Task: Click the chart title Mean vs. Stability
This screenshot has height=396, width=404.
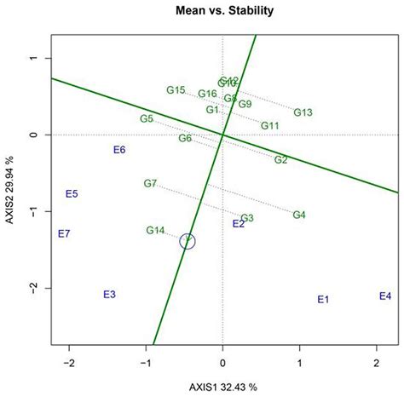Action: [222, 12]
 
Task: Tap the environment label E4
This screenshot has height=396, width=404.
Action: [385, 296]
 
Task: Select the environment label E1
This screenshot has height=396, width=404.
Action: [323, 300]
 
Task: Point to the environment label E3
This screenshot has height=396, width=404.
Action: [109, 295]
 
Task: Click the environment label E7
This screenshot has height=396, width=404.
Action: [64, 233]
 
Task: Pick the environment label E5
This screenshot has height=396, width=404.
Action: [72, 194]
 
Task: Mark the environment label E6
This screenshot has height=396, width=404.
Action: [119, 150]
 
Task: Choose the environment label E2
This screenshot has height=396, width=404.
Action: [239, 224]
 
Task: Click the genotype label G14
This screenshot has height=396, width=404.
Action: [155, 230]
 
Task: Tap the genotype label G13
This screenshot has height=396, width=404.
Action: [303, 112]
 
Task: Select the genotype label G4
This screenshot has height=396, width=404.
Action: [299, 215]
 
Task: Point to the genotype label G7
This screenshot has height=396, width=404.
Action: [150, 183]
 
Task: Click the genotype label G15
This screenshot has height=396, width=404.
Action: [176, 90]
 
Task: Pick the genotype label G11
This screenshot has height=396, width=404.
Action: [270, 126]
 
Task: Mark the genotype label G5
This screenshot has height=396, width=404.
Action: [147, 118]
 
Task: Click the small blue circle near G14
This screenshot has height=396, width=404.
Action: [188, 242]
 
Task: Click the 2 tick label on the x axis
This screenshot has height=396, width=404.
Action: [377, 362]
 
